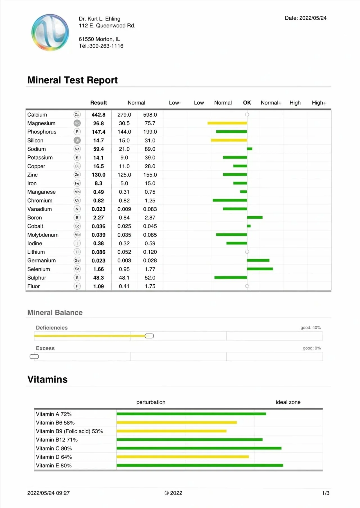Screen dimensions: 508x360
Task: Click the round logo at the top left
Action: coord(50,33)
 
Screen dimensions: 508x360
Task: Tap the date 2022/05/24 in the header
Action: coord(312,18)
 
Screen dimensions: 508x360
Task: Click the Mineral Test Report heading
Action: coord(72,80)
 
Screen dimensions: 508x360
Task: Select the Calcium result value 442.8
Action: coord(98,115)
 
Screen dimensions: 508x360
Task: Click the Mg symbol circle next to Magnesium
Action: coord(77,123)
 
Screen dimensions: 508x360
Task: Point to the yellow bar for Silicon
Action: coord(229,140)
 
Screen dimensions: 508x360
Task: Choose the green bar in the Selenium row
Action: coord(260,269)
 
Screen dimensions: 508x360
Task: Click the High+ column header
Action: coord(319,103)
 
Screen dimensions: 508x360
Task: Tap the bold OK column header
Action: coord(247,103)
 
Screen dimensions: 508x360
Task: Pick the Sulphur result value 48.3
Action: coord(98,278)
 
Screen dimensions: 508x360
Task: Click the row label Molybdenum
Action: coord(43,235)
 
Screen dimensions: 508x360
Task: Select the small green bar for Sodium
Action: coord(250,149)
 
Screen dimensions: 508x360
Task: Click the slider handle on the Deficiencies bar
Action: coord(149,336)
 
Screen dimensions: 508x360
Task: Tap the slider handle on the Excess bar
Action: coord(34,357)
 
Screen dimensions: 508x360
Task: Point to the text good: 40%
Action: coord(310,328)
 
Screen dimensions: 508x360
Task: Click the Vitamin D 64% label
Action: coord(54,457)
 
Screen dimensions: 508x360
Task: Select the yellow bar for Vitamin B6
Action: coord(177,423)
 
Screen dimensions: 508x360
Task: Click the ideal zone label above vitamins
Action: coord(288,402)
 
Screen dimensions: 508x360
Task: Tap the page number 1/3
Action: coord(326,493)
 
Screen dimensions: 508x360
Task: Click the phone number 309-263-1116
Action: coord(106,46)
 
